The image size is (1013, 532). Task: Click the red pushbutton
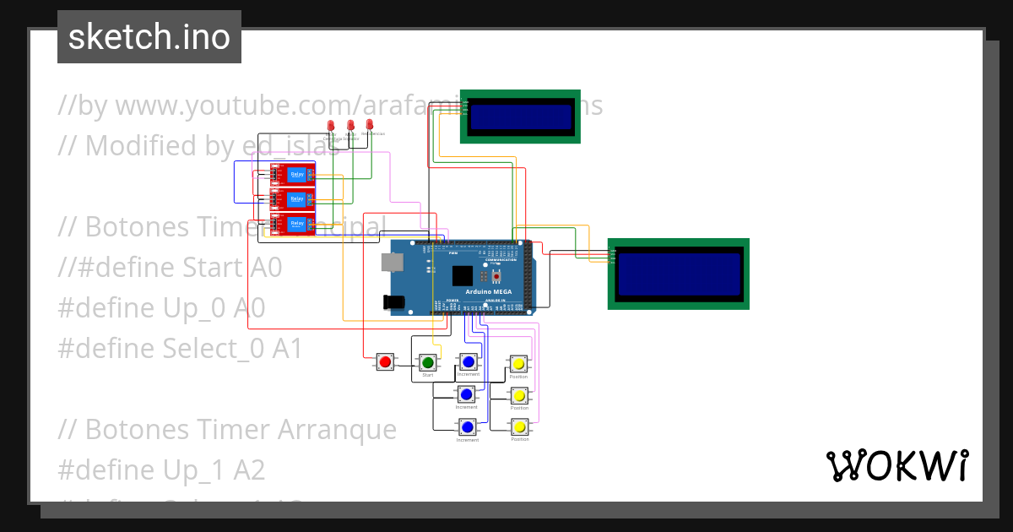[385, 362]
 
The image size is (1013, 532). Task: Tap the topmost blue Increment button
[469, 362]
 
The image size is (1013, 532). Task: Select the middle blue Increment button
[466, 394]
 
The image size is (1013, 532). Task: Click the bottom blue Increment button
[467, 427]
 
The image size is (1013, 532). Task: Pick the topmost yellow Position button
[518, 364]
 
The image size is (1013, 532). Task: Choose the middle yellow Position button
[519, 395]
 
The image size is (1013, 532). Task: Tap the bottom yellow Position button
[519, 427]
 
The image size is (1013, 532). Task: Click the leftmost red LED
[331, 125]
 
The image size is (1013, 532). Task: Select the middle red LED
[350, 125]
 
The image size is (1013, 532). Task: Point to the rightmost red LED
[369, 124]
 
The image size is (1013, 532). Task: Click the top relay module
[292, 175]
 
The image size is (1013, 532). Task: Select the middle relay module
[292, 200]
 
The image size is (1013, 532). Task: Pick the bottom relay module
[292, 225]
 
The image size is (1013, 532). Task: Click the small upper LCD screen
[520, 117]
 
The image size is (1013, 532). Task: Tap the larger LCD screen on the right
[678, 274]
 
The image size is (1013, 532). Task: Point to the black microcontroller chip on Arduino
[463, 276]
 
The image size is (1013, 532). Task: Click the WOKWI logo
[897, 466]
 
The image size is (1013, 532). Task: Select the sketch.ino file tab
[149, 37]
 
